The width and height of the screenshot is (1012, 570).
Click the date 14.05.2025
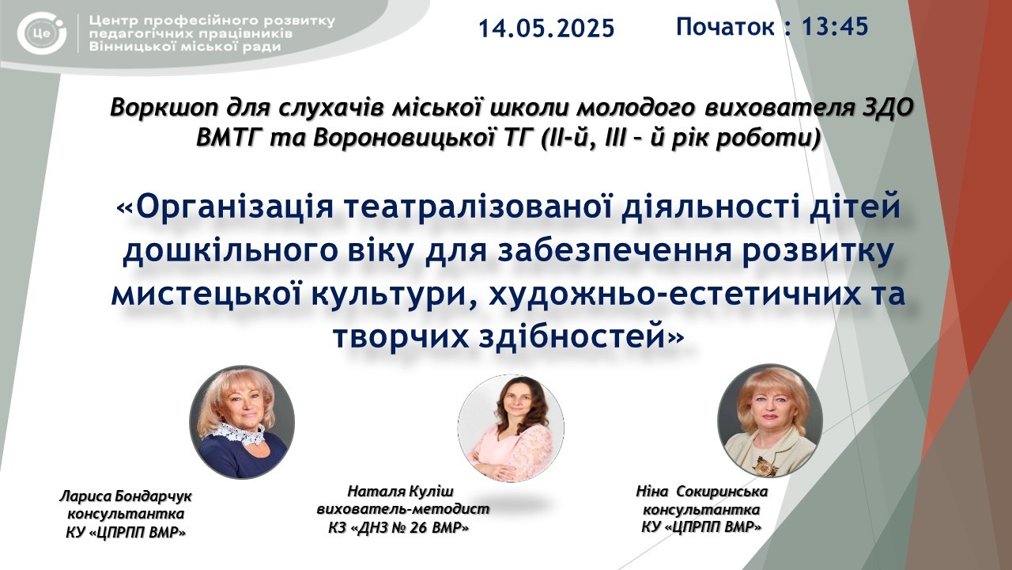click(546, 28)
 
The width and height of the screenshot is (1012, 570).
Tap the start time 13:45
click(835, 26)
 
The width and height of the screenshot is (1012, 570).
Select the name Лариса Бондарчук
click(126, 496)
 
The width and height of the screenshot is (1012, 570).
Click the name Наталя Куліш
click(400, 492)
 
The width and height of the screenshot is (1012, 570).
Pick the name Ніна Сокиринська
click(701, 492)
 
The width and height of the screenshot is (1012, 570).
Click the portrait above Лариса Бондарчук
click(242, 422)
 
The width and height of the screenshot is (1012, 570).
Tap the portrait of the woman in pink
click(511, 428)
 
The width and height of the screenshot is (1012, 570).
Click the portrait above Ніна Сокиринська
click(770, 420)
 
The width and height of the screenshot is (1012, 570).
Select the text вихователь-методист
click(403, 509)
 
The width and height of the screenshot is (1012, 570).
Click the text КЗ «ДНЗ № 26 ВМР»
click(398, 527)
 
